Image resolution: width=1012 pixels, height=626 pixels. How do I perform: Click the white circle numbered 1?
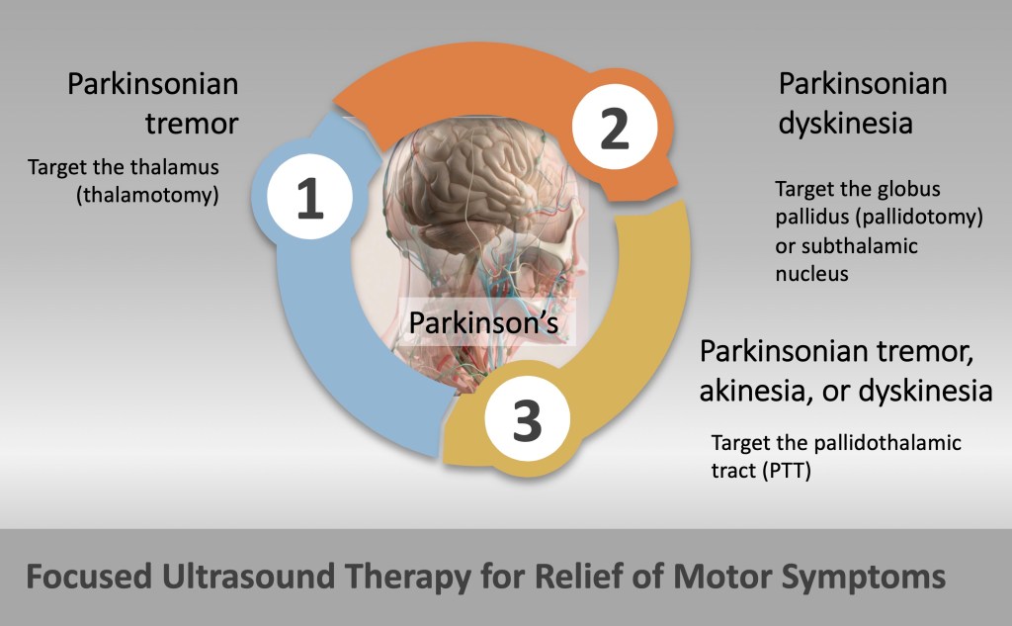tap(310, 197)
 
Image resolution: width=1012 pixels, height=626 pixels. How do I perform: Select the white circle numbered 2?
tap(615, 127)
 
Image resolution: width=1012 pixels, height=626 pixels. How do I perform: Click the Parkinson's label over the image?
tap(483, 322)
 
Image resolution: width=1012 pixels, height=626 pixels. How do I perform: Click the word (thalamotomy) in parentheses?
tap(148, 195)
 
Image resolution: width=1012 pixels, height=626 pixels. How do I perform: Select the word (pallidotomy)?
tap(919, 217)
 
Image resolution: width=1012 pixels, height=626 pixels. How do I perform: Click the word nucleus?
tap(812, 274)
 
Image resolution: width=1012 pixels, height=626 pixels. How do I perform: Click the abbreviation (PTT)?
tap(787, 471)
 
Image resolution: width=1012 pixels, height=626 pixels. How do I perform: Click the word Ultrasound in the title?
tap(248, 577)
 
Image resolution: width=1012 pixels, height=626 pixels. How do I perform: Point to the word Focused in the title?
tap(89, 577)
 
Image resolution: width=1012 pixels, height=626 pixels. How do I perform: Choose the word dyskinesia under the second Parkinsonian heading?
tap(846, 123)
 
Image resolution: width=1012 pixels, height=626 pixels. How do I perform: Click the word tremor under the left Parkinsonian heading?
tap(192, 124)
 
